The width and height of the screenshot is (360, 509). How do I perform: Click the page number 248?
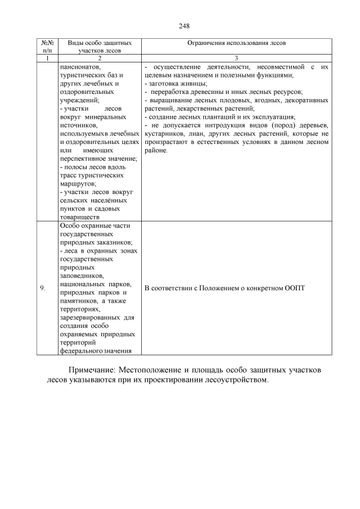pyautogui.click(x=184, y=26)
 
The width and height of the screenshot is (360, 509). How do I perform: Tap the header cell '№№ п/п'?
pyautogui.click(x=48, y=46)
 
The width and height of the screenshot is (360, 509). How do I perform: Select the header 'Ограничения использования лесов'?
pyautogui.click(x=236, y=43)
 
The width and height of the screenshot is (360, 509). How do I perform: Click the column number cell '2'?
pyautogui.click(x=99, y=58)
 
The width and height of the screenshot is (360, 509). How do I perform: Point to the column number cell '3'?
pyautogui.click(x=236, y=58)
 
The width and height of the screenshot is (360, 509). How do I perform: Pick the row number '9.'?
pyautogui.click(x=43, y=289)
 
